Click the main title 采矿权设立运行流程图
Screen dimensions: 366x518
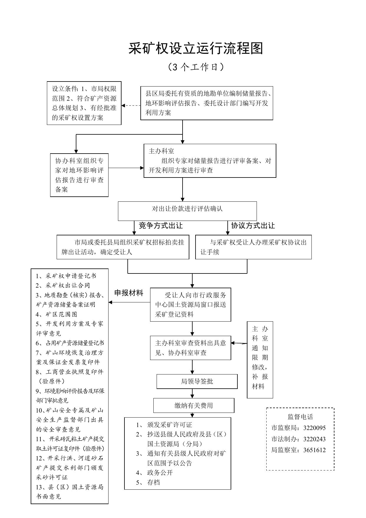tap(196, 48)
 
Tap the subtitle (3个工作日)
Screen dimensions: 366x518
tap(196, 67)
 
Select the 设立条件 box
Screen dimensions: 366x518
tap(84, 103)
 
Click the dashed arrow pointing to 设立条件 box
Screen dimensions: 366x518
tap(131, 105)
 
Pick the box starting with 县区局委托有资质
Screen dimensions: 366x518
tap(207, 103)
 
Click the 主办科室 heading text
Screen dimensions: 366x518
tap(161, 151)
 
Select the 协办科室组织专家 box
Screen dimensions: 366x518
tap(79, 175)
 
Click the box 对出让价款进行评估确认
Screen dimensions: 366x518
tap(187, 211)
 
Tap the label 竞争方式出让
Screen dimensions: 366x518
tap(161, 226)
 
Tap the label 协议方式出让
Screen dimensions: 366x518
tap(253, 226)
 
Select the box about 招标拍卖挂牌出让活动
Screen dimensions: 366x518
tap(123, 247)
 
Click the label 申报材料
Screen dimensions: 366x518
tap(129, 293)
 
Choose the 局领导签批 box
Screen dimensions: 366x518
tap(197, 382)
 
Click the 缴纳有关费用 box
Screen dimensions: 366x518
tap(194, 405)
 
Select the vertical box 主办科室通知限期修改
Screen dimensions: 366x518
tap(260, 360)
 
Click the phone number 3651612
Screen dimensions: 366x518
tap(314, 450)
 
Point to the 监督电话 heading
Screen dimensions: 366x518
tap(300, 417)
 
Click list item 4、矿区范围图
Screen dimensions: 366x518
tap(57, 314)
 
